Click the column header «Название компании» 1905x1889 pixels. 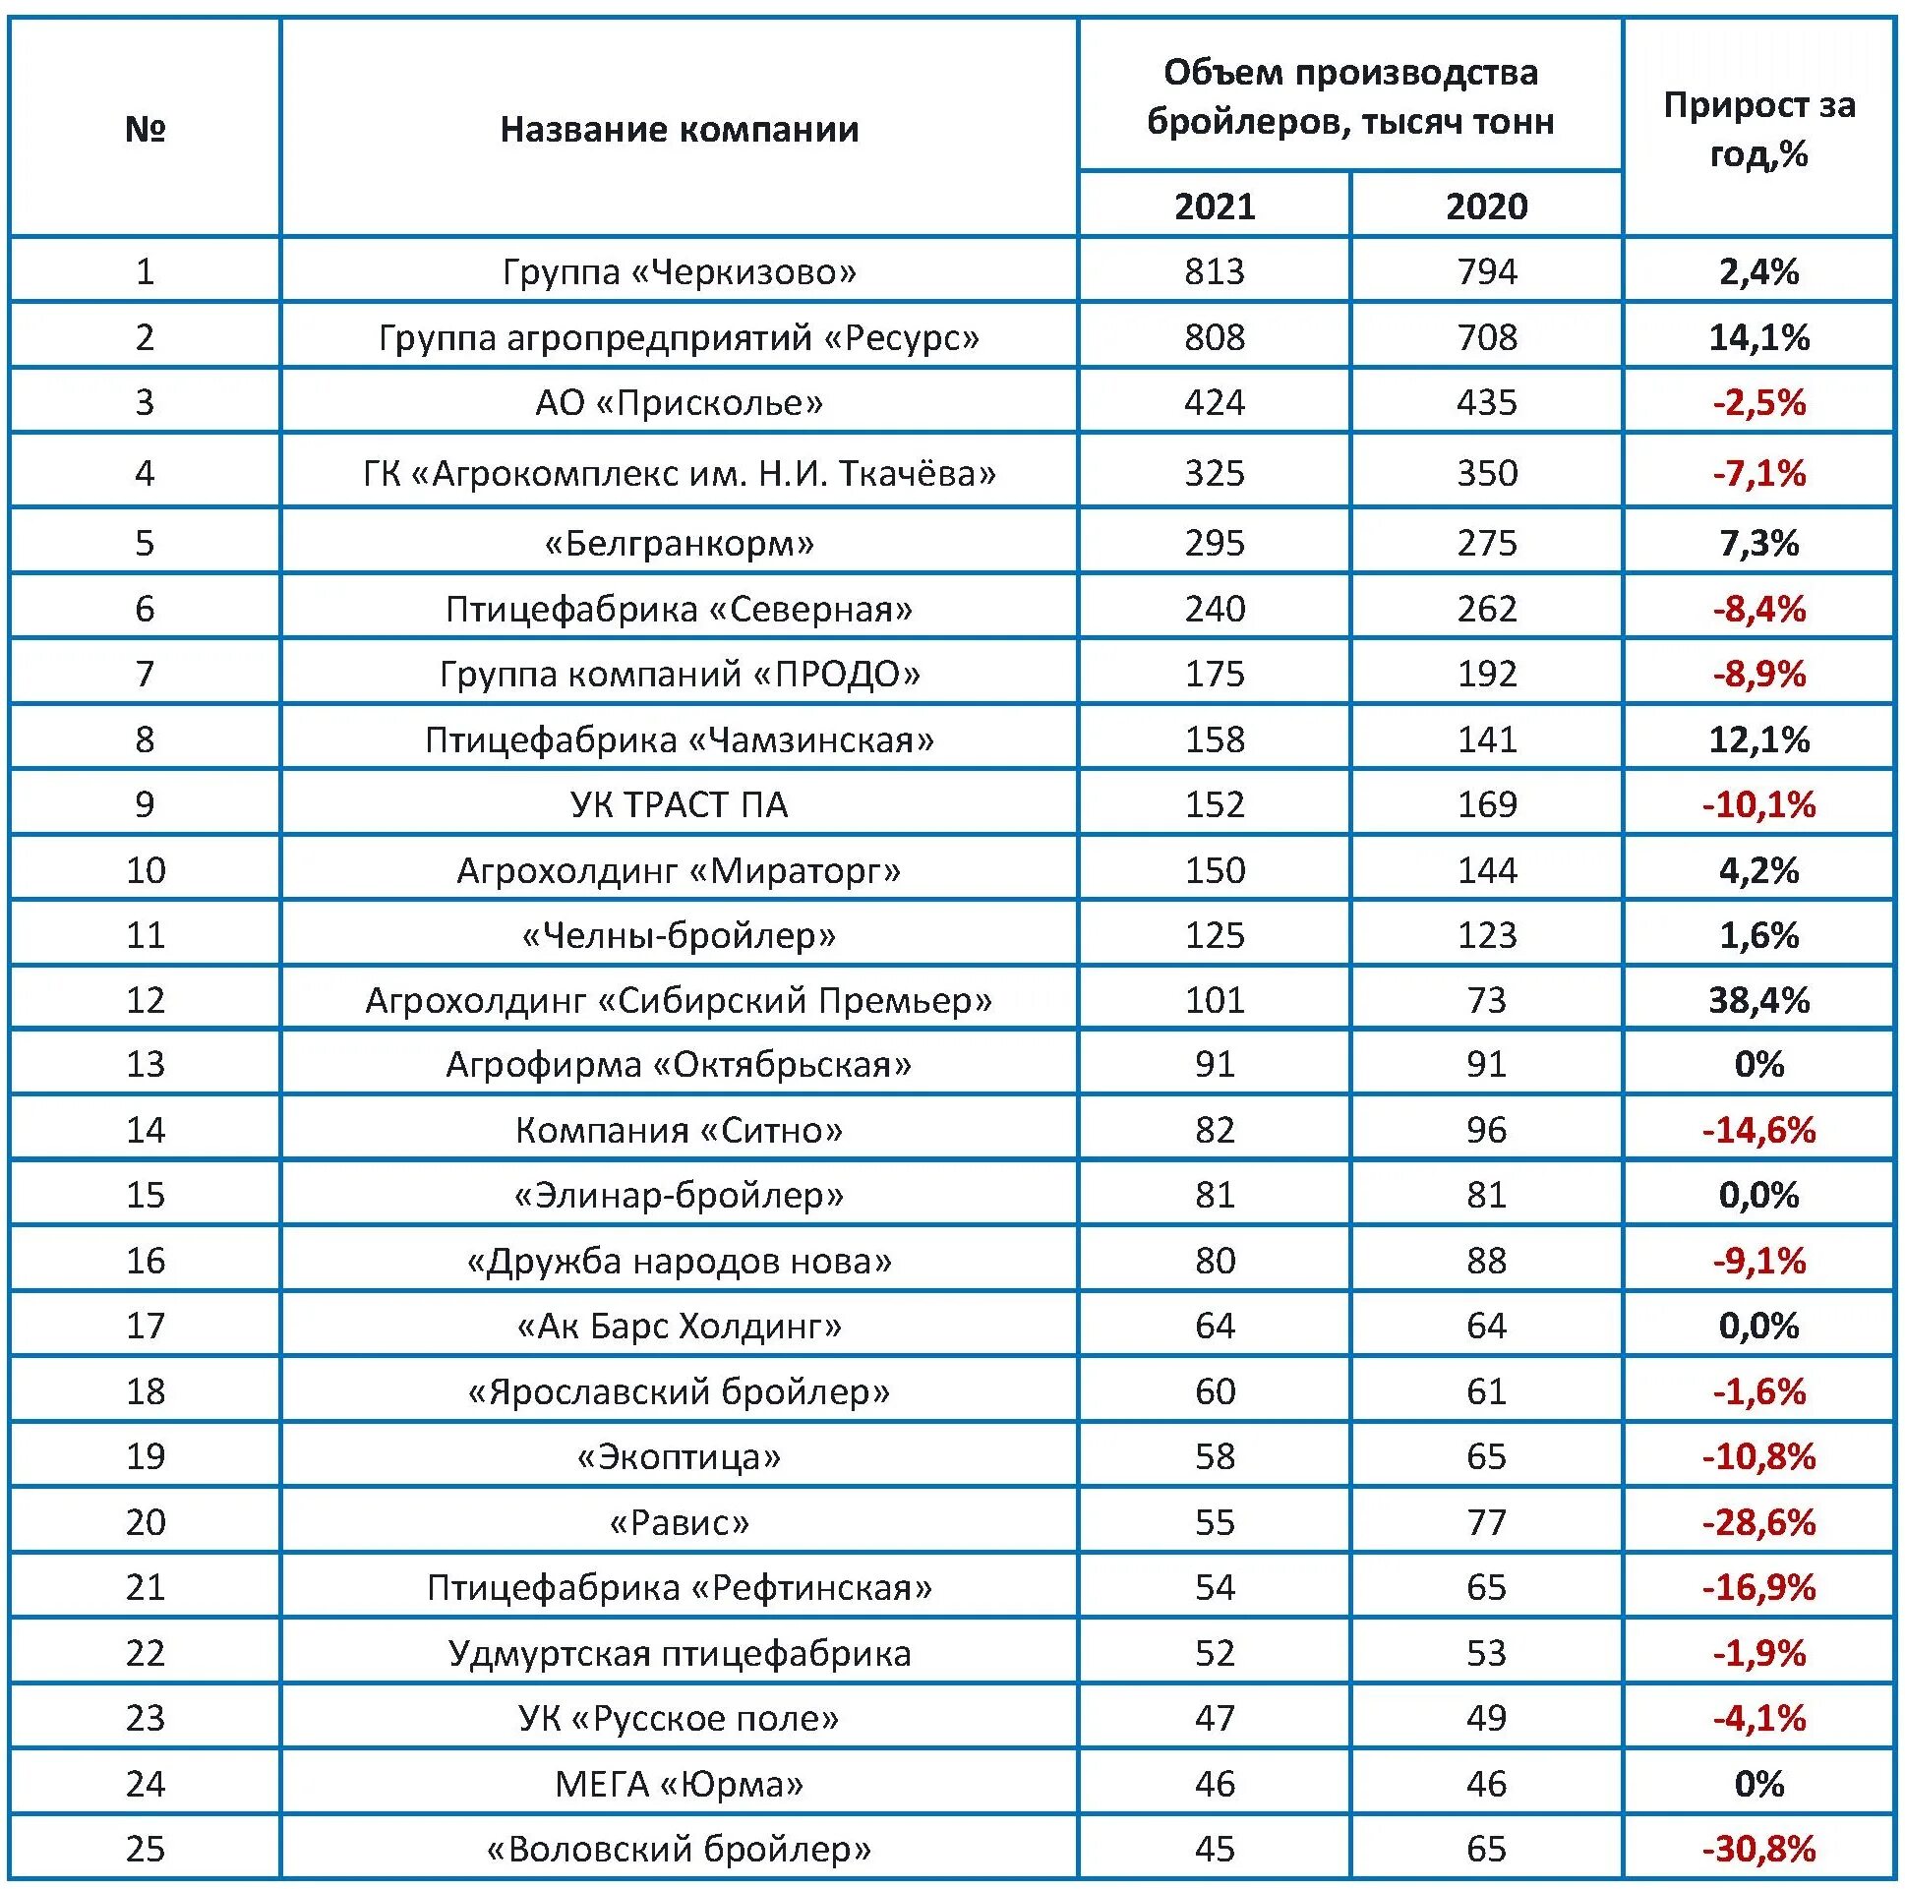[680, 129]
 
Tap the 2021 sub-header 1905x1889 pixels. [1214, 207]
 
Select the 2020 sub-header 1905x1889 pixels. [1486, 207]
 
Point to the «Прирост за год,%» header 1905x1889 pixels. [1758, 129]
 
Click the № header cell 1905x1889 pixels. [145, 129]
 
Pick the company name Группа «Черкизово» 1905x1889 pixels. [680, 271]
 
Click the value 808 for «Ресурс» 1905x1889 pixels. [1214, 337]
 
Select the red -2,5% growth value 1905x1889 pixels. [1758, 402]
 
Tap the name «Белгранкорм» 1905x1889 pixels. [680, 543]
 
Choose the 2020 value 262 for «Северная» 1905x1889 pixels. [1486, 609]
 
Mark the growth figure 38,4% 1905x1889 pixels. [1758, 1000]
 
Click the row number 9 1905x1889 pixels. [145, 804]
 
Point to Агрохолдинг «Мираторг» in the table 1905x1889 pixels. [680, 870]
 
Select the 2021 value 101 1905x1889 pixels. [1214, 1000]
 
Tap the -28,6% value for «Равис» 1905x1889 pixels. [1758, 1522]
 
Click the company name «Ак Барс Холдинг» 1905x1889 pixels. [680, 1327]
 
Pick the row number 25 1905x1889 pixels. [145, 1849]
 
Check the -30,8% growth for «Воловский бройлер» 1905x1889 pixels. [1758, 1849]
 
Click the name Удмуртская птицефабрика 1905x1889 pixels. [680, 1653]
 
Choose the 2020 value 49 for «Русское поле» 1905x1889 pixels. [1486, 1719]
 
